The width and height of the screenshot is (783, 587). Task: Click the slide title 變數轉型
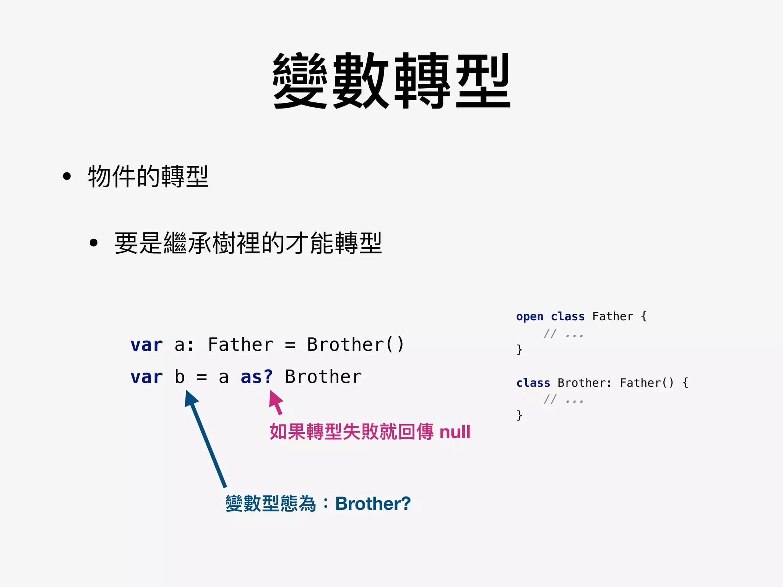[x=391, y=81]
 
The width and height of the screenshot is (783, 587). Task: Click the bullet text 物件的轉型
[x=148, y=177]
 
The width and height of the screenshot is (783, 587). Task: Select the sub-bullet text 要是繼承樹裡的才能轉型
[x=248, y=243]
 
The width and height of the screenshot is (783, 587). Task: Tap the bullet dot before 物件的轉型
[x=67, y=177]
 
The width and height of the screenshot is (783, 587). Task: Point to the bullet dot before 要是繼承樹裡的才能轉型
[x=94, y=243]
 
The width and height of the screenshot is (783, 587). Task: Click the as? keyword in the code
[x=257, y=377]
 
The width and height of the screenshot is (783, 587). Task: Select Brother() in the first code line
[x=355, y=345]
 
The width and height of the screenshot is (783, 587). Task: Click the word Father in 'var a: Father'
[x=240, y=345]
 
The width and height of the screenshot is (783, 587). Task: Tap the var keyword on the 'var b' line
[x=146, y=377]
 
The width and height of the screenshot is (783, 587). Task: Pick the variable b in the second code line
[x=180, y=377]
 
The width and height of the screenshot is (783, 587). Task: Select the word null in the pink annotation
[x=455, y=432]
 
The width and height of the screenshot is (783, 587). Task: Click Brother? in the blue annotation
[x=373, y=504]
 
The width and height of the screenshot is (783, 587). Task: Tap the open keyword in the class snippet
[x=530, y=317]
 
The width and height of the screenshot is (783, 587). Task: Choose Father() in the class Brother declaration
[x=647, y=383]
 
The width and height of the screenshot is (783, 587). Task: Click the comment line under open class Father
[x=564, y=334]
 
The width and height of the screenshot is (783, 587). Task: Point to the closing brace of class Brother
[x=519, y=415]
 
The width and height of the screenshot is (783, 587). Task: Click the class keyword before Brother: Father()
[x=533, y=383]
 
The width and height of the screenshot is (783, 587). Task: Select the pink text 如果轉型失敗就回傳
[x=351, y=432]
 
